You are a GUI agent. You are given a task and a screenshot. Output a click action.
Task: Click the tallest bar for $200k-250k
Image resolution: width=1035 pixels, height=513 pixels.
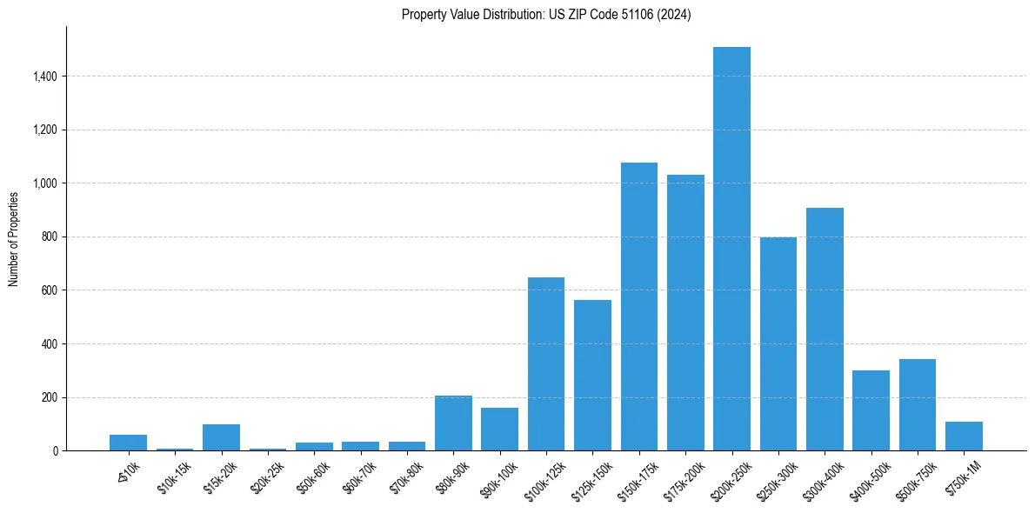pyautogui.click(x=731, y=249)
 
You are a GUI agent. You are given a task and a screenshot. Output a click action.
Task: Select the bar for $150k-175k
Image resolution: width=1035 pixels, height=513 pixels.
pyautogui.click(x=638, y=306)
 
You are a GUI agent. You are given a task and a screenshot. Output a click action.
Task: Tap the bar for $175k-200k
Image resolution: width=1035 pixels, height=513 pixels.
pyautogui.click(x=685, y=313)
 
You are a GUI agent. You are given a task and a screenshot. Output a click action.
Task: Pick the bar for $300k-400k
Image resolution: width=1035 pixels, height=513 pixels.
pyautogui.click(x=825, y=329)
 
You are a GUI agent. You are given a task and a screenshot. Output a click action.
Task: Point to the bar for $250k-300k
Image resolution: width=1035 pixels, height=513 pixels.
pyautogui.click(x=778, y=344)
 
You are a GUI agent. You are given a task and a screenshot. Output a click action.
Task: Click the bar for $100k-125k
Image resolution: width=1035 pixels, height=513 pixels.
pyautogui.click(x=546, y=363)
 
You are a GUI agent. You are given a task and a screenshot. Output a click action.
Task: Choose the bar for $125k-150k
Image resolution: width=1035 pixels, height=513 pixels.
pyautogui.click(x=592, y=375)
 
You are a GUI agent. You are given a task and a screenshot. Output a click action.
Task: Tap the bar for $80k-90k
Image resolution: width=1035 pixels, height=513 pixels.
pyautogui.click(x=453, y=423)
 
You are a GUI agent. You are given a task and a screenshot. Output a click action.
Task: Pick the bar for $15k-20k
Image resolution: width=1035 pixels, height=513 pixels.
pyautogui.click(x=221, y=437)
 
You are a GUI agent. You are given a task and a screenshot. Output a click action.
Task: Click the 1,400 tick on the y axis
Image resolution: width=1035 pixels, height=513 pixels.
pyautogui.click(x=45, y=77)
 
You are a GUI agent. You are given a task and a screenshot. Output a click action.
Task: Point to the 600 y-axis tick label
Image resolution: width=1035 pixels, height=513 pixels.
pyautogui.click(x=50, y=290)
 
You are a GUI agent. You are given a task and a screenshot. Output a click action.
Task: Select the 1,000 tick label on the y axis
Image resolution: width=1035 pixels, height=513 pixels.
pyautogui.click(x=45, y=183)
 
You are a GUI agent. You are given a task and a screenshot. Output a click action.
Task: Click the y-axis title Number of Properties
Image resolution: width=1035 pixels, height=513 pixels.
pyautogui.click(x=13, y=239)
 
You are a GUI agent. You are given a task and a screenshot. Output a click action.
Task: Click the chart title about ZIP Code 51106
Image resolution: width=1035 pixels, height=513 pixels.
pyautogui.click(x=546, y=14)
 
